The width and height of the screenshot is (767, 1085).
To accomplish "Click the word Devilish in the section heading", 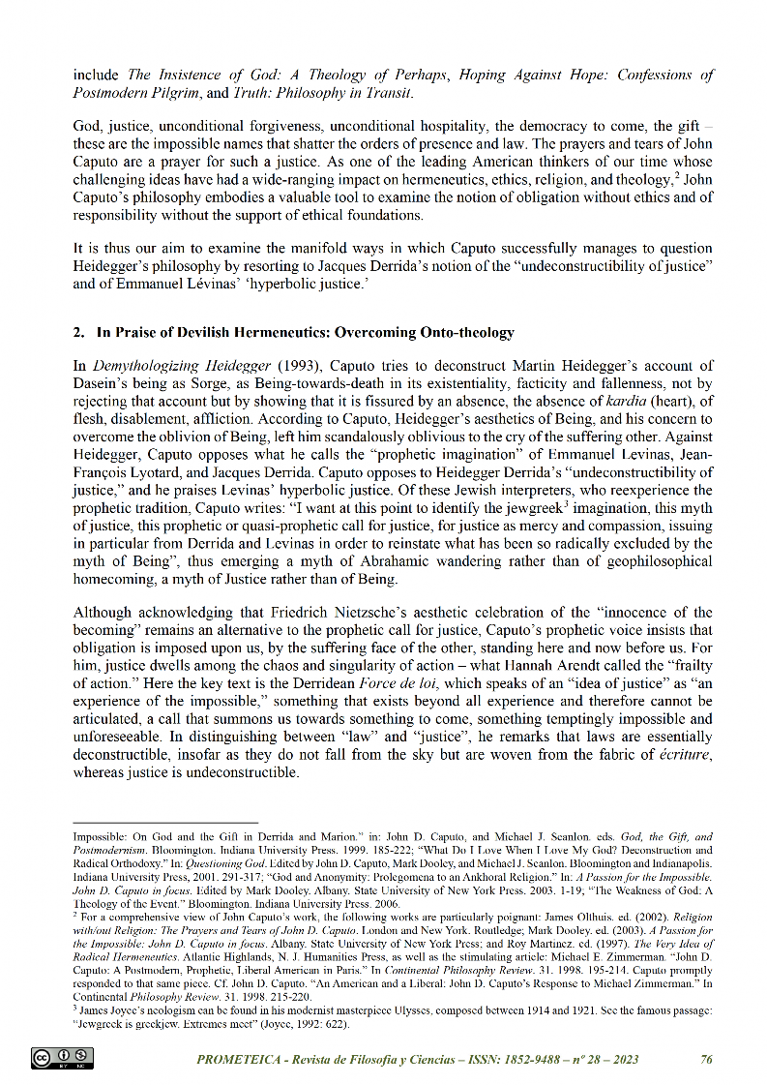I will [205, 333].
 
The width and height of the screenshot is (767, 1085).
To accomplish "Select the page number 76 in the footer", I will [706, 1060].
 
